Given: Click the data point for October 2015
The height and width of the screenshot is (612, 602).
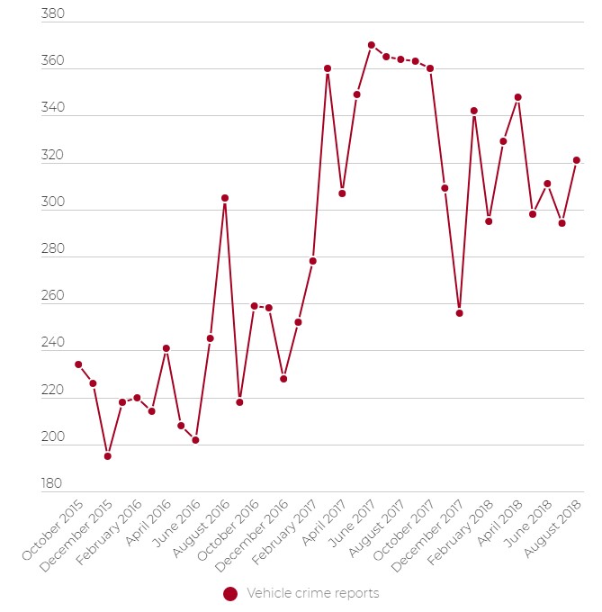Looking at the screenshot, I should click(x=78, y=364).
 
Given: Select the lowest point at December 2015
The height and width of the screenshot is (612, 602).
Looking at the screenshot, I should click(x=108, y=456).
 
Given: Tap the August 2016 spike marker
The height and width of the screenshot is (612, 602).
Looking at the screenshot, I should click(x=225, y=198).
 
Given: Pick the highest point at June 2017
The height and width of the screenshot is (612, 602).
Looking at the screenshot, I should click(x=372, y=45).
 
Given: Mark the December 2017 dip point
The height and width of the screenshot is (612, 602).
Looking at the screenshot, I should click(x=459, y=313).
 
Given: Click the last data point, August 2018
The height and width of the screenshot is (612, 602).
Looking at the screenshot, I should click(x=577, y=160).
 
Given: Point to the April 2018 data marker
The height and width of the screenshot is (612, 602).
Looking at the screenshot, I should click(x=518, y=97).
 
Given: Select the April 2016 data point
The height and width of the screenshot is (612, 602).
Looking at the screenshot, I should click(x=166, y=348).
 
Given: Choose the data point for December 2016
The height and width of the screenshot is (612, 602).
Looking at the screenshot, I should click(x=283, y=379).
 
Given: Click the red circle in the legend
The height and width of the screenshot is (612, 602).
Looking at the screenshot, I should click(x=230, y=594).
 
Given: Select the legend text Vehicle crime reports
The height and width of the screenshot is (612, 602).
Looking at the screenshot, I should click(x=312, y=594).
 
